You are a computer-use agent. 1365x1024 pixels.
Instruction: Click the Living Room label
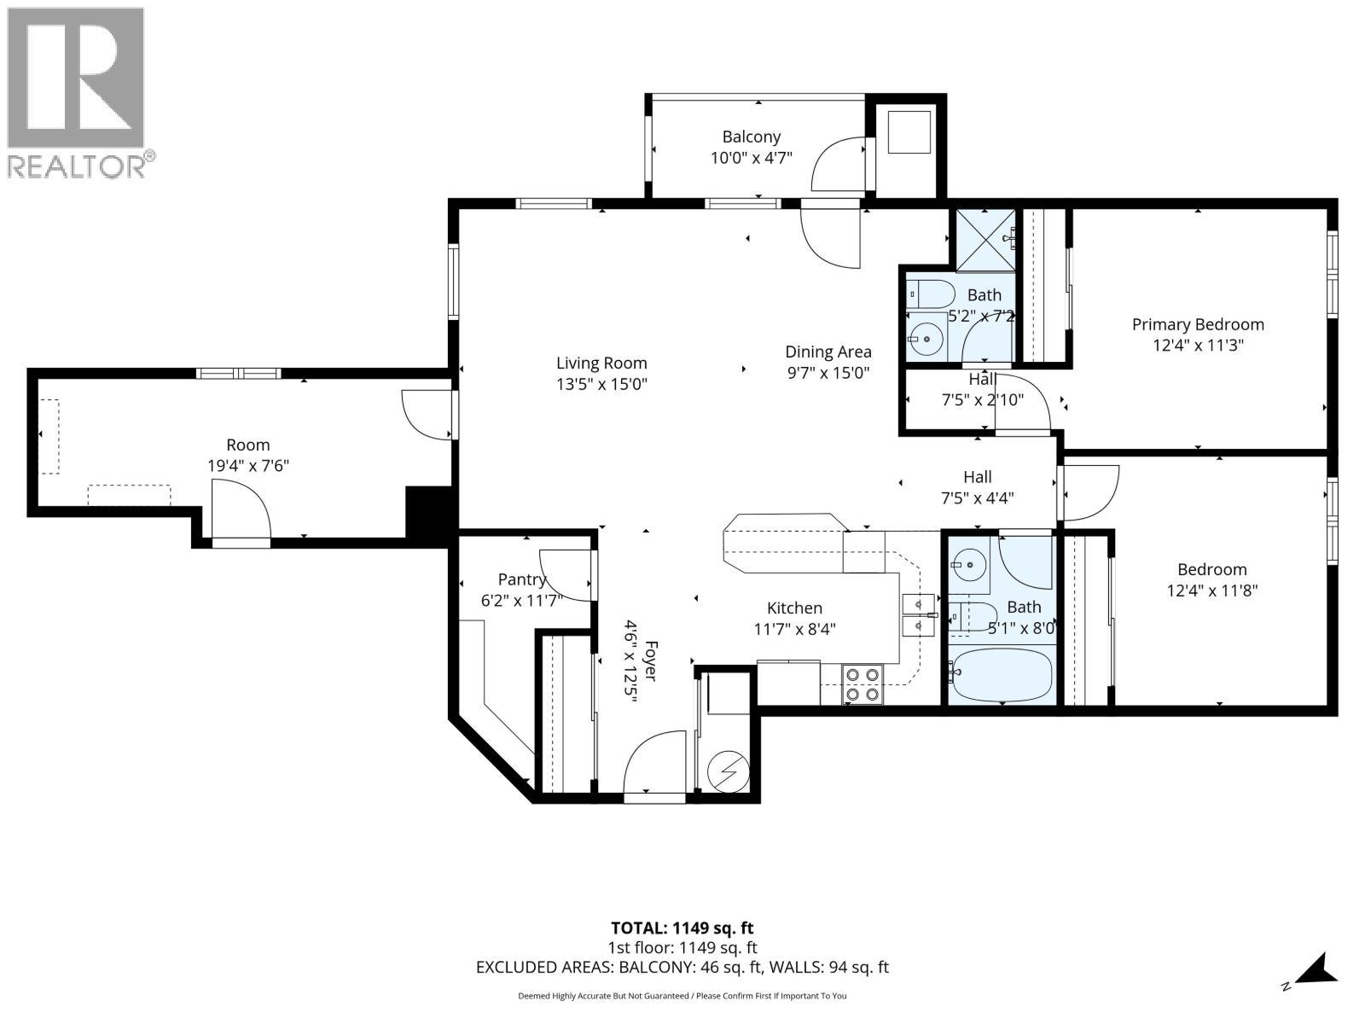pos(601,364)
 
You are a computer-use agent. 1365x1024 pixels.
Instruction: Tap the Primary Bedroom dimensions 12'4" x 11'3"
pos(1198,345)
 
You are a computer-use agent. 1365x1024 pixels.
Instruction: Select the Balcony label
pos(752,137)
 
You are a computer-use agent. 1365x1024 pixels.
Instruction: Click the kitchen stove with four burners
pos(862,684)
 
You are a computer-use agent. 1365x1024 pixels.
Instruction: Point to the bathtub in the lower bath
pos(1002,675)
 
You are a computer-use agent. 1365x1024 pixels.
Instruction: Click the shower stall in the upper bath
pos(985,241)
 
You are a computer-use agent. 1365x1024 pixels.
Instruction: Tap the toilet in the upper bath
pos(930,294)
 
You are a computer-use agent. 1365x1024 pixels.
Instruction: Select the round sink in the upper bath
pos(926,340)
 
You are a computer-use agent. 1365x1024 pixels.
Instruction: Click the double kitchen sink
pos(919,615)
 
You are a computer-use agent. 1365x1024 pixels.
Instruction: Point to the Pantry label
pos(522,579)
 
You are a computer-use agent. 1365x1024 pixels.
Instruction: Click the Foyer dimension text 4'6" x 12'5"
pos(631,660)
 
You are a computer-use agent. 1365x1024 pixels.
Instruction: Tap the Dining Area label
pos(828,352)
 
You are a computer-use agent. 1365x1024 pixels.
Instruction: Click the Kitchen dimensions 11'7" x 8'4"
pos(794,629)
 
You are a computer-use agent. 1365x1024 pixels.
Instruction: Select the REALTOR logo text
pos(77,166)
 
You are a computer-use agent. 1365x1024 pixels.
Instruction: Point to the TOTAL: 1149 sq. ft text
pos(682,928)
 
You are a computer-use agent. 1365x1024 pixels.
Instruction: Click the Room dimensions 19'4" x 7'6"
pos(248,466)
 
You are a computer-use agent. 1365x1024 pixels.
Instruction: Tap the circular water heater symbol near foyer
pos(729,772)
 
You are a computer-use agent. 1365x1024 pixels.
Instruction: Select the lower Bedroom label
pos(1212,569)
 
